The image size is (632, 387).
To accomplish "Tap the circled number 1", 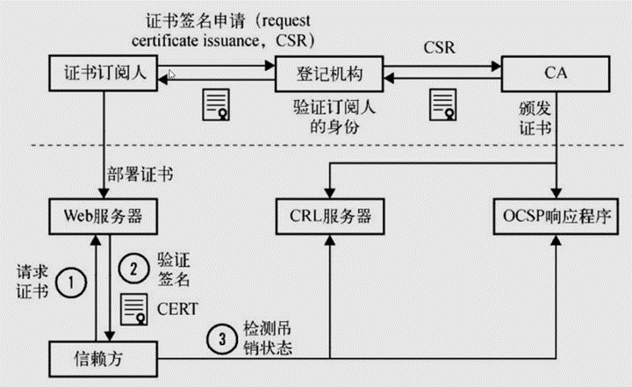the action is tap(71, 283).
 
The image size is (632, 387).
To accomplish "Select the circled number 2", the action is tap(133, 269).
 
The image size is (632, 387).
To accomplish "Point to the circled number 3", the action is tap(222, 339).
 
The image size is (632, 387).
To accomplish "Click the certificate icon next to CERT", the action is tap(134, 309).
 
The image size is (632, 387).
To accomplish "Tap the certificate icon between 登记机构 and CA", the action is tap(443, 104).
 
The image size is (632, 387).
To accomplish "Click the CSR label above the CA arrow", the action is tap(440, 48).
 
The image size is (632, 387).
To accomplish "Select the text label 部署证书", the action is tap(140, 175).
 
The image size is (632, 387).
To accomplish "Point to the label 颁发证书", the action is tap(535, 118).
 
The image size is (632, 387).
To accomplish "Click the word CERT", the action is tap(177, 309).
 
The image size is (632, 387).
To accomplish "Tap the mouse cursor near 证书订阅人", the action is tap(172, 75).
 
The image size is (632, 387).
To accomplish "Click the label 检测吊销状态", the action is tap(268, 339).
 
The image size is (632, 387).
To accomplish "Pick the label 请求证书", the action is tap(32, 282).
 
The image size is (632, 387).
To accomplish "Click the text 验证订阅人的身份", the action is tap(334, 118).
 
